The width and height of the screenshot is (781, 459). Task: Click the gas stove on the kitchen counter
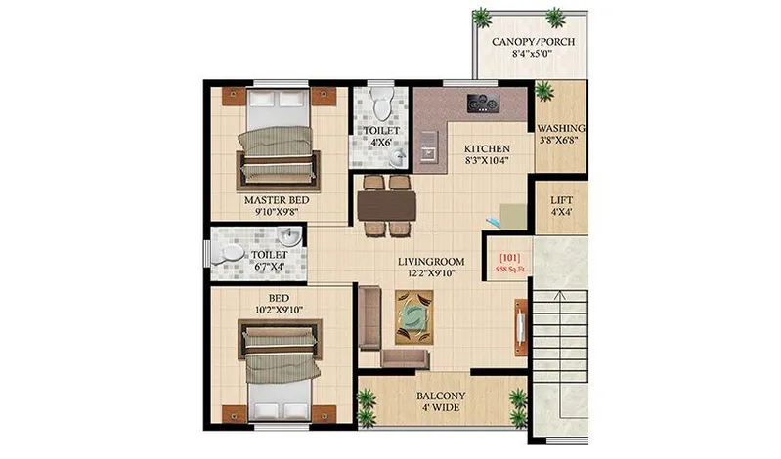483,104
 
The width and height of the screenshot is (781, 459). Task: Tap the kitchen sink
429,146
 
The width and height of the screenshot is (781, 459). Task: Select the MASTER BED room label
277,200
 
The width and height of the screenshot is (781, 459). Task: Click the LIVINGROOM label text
431,262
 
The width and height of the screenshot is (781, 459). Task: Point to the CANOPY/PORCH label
533,42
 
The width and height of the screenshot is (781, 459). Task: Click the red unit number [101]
509,258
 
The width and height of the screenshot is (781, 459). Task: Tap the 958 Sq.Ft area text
510,270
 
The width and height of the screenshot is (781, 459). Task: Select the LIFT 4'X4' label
561,206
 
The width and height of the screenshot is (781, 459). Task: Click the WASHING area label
560,129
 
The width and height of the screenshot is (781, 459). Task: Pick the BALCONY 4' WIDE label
441,401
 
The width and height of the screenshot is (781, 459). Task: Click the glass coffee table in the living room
413,317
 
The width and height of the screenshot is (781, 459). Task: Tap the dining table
386,206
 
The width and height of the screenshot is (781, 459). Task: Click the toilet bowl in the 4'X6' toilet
382,104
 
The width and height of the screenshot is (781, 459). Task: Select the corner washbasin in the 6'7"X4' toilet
290,235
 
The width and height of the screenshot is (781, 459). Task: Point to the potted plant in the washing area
543,92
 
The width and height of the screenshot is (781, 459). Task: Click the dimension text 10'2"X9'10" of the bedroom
279,310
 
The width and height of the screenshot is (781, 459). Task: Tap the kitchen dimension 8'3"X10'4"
487,160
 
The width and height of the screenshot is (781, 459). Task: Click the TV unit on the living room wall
521,327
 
